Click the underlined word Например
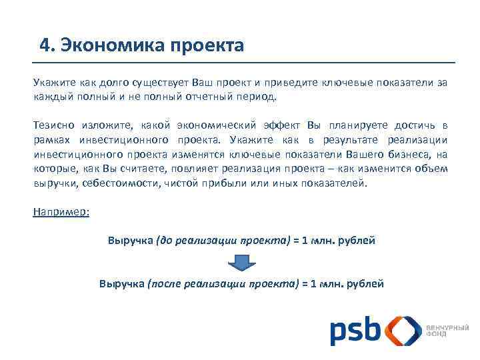point(61,212)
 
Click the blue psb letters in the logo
point(355,331)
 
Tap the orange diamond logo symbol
point(404,331)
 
